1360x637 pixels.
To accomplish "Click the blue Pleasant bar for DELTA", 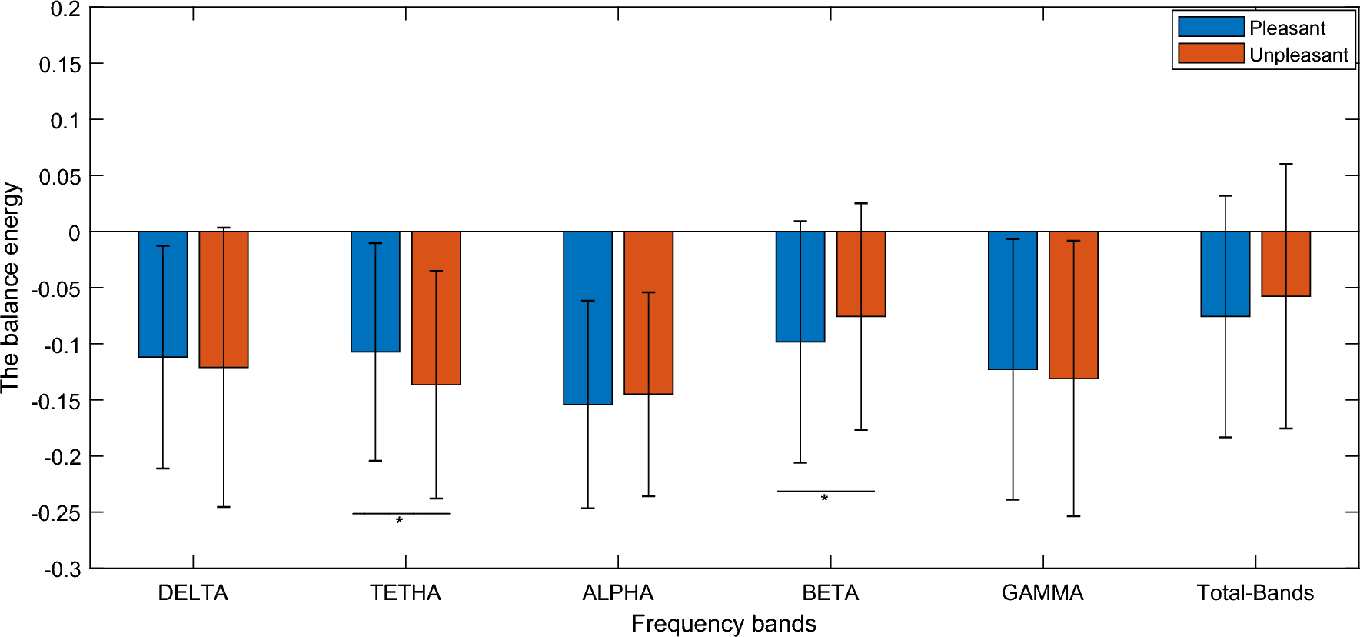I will [x=163, y=295].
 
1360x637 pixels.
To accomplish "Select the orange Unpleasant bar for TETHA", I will [x=436, y=308].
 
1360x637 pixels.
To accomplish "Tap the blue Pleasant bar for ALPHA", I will [x=587, y=318].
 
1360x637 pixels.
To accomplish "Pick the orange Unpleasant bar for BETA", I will [x=861, y=274].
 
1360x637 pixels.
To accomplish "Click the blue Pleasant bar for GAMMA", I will [x=1013, y=301].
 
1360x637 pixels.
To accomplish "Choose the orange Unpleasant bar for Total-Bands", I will [x=1285, y=264].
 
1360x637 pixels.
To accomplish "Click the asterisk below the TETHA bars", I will [x=399, y=522].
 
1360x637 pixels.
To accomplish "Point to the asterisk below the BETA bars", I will [x=824, y=499].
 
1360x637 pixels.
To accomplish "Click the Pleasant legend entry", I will [x=1286, y=28].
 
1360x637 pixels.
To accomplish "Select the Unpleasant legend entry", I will [x=1298, y=55].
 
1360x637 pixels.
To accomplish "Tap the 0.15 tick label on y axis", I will [x=60, y=64].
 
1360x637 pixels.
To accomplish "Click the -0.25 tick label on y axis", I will [x=55, y=513].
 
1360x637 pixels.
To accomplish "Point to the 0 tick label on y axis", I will [x=74, y=232].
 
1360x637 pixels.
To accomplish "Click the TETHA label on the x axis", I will [x=405, y=593].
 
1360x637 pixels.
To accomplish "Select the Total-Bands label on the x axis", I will [x=1255, y=593].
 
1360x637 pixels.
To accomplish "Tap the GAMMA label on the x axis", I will [x=1042, y=593].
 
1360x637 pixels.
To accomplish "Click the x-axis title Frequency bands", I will [x=723, y=623].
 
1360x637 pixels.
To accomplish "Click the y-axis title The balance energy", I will [x=11, y=288].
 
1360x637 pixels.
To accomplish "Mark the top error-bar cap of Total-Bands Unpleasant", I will [x=1285, y=164].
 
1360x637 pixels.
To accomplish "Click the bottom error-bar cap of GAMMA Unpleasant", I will [x=1073, y=516].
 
